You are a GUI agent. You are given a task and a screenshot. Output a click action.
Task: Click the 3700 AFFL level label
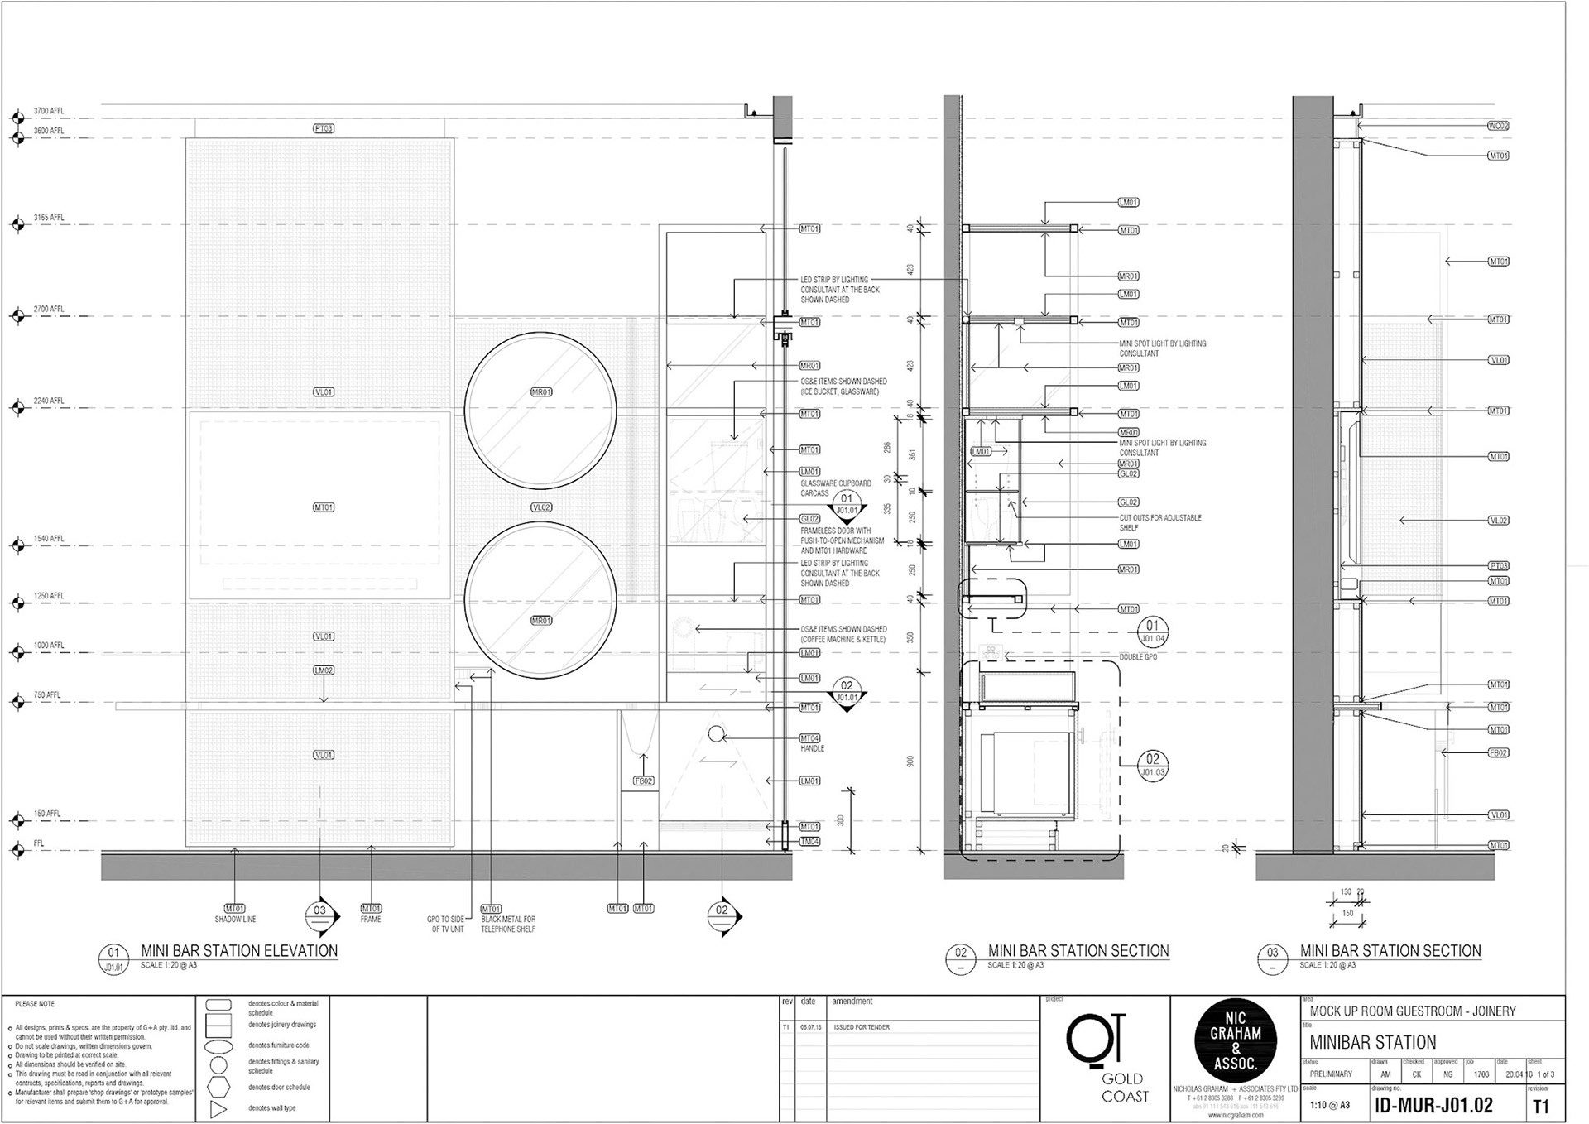click(48, 111)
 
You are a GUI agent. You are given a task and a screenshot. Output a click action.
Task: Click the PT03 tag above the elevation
click(324, 128)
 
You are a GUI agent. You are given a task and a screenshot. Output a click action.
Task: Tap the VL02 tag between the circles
click(541, 507)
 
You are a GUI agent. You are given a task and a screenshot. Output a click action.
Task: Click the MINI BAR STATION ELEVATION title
click(239, 951)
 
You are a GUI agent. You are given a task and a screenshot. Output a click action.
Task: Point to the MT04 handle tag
click(809, 737)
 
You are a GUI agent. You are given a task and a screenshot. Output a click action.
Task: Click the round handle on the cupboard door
click(717, 733)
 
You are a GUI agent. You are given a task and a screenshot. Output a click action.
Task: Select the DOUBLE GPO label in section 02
click(1138, 656)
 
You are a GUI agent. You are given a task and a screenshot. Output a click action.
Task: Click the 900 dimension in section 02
click(910, 761)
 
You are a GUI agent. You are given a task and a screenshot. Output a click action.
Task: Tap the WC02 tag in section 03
click(1498, 127)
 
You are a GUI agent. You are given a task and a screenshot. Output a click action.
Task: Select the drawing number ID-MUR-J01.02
click(1433, 1107)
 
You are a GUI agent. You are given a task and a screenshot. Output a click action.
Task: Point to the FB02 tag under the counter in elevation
click(643, 781)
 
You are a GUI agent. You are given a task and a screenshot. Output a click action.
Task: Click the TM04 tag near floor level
click(809, 842)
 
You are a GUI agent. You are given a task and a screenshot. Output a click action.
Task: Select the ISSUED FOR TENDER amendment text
click(862, 1026)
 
